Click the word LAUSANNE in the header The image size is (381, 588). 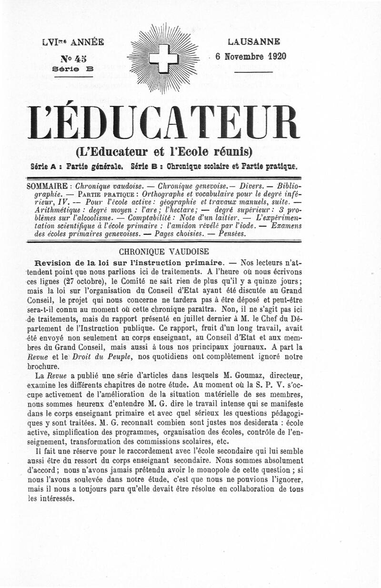point(253,42)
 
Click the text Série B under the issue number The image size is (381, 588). point(73,68)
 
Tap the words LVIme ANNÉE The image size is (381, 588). point(72,42)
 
